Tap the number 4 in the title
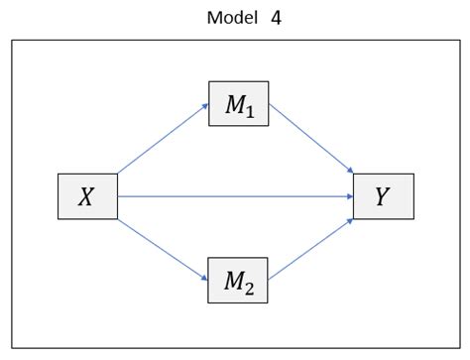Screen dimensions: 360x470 point(276,18)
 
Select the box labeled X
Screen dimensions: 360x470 point(87,196)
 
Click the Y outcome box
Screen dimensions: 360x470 point(383,196)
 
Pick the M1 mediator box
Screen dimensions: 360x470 point(238,104)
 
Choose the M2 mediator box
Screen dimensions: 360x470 point(238,281)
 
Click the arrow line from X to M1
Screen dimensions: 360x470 point(163,139)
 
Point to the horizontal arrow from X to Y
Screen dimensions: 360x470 point(236,196)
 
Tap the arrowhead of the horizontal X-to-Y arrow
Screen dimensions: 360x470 point(349,196)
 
